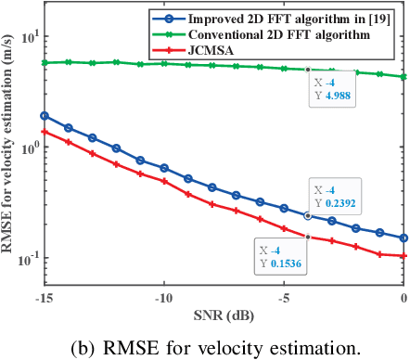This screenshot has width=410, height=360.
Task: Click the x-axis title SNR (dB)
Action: pyautogui.click(x=224, y=315)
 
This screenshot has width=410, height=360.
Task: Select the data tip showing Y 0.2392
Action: pyautogui.click(x=338, y=196)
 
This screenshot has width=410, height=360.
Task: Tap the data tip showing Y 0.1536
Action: pyautogui.click(x=280, y=256)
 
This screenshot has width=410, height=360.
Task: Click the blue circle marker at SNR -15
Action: pyautogui.click(x=44, y=116)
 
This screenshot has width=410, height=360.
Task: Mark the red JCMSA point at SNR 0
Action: pyautogui.click(x=404, y=255)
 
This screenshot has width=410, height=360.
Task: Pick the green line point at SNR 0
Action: pyautogui.click(x=404, y=77)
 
